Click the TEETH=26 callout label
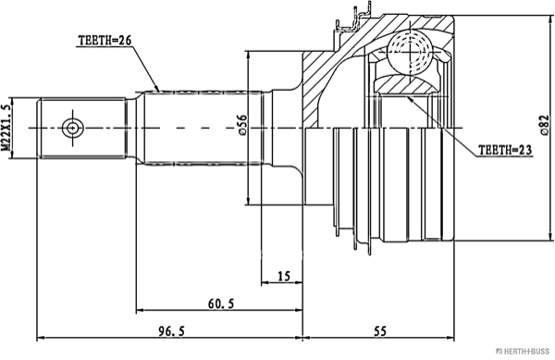coord(105,41)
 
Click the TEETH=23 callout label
coord(505,150)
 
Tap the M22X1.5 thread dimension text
coord(6,128)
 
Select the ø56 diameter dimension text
coord(242,125)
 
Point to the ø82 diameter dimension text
coord(545,125)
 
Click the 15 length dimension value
coord(284,276)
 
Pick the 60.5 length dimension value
coord(221,304)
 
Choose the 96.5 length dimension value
coord(171,331)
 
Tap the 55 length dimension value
coord(380,331)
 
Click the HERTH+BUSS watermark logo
coord(524,351)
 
